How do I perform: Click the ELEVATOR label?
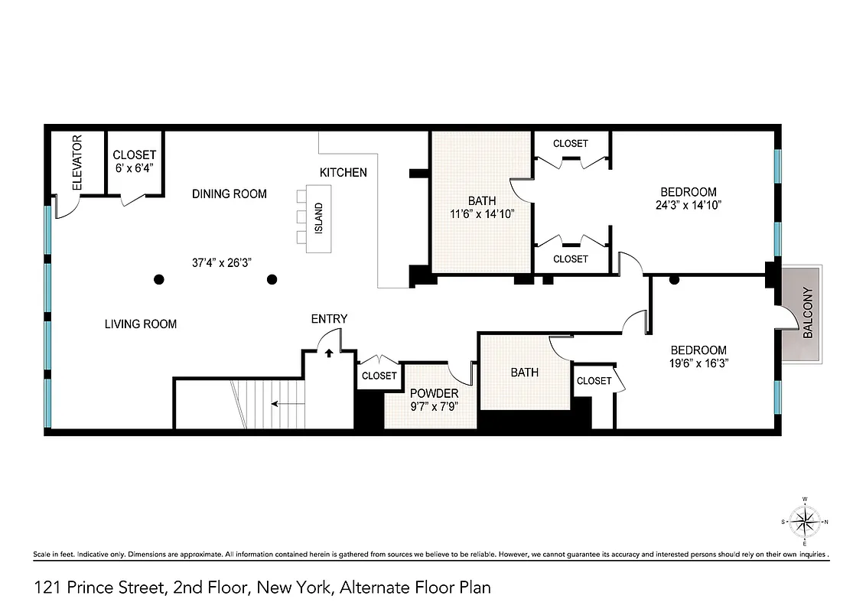[x=77, y=163]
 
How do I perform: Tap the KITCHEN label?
[x=343, y=173]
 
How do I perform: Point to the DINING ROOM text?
[x=229, y=194]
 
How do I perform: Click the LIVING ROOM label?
[x=141, y=324]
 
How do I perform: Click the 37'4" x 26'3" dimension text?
[x=222, y=262]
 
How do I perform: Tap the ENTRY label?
[x=329, y=319]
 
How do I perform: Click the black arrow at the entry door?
[x=329, y=353]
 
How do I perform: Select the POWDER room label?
[x=434, y=393]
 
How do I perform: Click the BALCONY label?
[x=807, y=313]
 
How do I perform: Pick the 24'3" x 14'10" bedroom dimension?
[x=688, y=205]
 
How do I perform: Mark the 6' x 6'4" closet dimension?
[x=134, y=169]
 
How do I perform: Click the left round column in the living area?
[x=158, y=279]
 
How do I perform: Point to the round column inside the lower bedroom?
[x=674, y=281]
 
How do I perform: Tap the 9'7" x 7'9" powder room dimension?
[x=434, y=407]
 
